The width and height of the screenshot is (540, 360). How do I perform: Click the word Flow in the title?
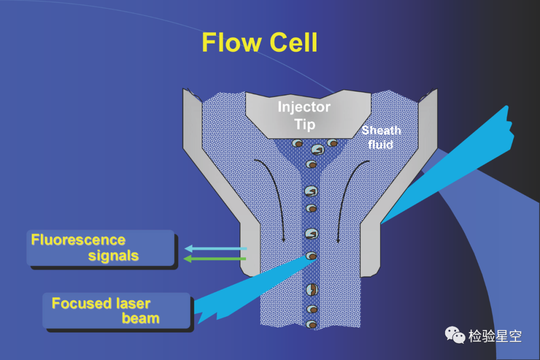coord(231,42)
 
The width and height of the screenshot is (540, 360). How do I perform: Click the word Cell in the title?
coord(293,42)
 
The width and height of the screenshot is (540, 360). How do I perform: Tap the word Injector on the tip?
coord(304,107)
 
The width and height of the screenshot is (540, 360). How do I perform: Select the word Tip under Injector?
coord(305,124)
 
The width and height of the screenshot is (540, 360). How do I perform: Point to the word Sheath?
coord(381,130)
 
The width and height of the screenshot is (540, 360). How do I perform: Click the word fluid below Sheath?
coord(380,144)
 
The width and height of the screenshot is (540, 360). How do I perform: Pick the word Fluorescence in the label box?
coord(78,240)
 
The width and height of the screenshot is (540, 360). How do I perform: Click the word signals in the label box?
coord(113,255)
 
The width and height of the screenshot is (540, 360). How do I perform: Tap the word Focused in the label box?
coord(81,303)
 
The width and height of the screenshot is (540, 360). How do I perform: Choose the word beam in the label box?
coord(140,318)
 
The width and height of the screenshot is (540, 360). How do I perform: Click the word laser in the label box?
coord(133,303)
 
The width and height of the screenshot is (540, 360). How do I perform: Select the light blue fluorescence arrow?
coord(215,248)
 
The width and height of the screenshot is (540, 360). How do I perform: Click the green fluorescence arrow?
coord(215,258)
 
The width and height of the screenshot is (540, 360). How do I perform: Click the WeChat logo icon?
coord(454,335)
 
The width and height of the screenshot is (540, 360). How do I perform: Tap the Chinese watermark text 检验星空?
coord(495,336)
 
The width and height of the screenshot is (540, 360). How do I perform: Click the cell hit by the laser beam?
coord(311,255)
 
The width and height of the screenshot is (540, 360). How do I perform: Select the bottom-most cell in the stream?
coord(311,324)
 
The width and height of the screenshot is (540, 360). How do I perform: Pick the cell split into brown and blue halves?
coord(311,289)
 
